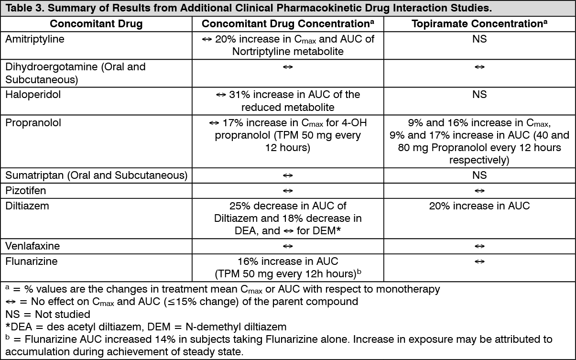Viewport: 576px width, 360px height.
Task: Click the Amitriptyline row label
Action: click(35, 39)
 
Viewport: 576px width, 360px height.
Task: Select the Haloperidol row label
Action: click(33, 95)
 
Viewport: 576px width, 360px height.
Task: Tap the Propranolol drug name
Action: click(33, 123)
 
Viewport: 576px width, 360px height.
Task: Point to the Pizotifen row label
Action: click(25, 191)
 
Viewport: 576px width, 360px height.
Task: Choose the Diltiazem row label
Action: click(27, 206)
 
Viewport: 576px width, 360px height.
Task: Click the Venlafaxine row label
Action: click(33, 246)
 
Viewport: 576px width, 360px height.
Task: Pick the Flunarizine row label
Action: click(32, 261)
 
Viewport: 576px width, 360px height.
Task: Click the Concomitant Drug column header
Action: click(96, 23)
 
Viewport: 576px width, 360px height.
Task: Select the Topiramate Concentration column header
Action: click(479, 23)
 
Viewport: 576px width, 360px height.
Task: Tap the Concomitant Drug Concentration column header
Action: click(288, 23)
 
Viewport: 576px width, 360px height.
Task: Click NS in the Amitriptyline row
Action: click(479, 39)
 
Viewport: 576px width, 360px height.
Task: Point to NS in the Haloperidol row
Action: click(479, 95)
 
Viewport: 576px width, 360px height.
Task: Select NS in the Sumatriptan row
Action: click(479, 175)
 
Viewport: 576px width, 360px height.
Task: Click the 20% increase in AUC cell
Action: click(479, 206)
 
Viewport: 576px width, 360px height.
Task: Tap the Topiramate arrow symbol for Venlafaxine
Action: click(479, 246)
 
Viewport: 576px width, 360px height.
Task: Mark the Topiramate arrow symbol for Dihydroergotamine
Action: click(479, 67)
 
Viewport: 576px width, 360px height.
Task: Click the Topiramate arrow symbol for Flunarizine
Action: click(479, 262)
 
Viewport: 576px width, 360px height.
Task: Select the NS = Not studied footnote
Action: click(48, 314)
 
